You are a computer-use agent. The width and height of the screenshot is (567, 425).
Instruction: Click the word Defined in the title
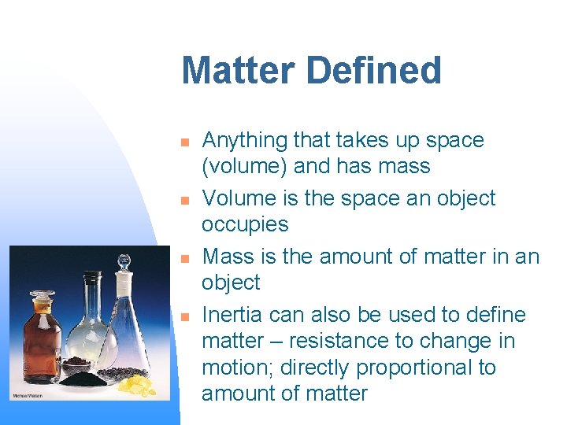point(375,71)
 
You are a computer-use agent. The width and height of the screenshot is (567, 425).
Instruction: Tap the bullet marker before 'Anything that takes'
point(184,142)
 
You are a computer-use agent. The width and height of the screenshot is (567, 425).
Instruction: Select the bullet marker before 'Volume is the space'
point(184,201)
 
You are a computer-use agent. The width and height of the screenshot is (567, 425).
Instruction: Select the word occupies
point(245,225)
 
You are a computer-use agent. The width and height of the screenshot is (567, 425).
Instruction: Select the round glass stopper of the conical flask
point(123,262)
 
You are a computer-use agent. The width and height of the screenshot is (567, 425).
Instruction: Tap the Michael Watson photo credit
point(27,395)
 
